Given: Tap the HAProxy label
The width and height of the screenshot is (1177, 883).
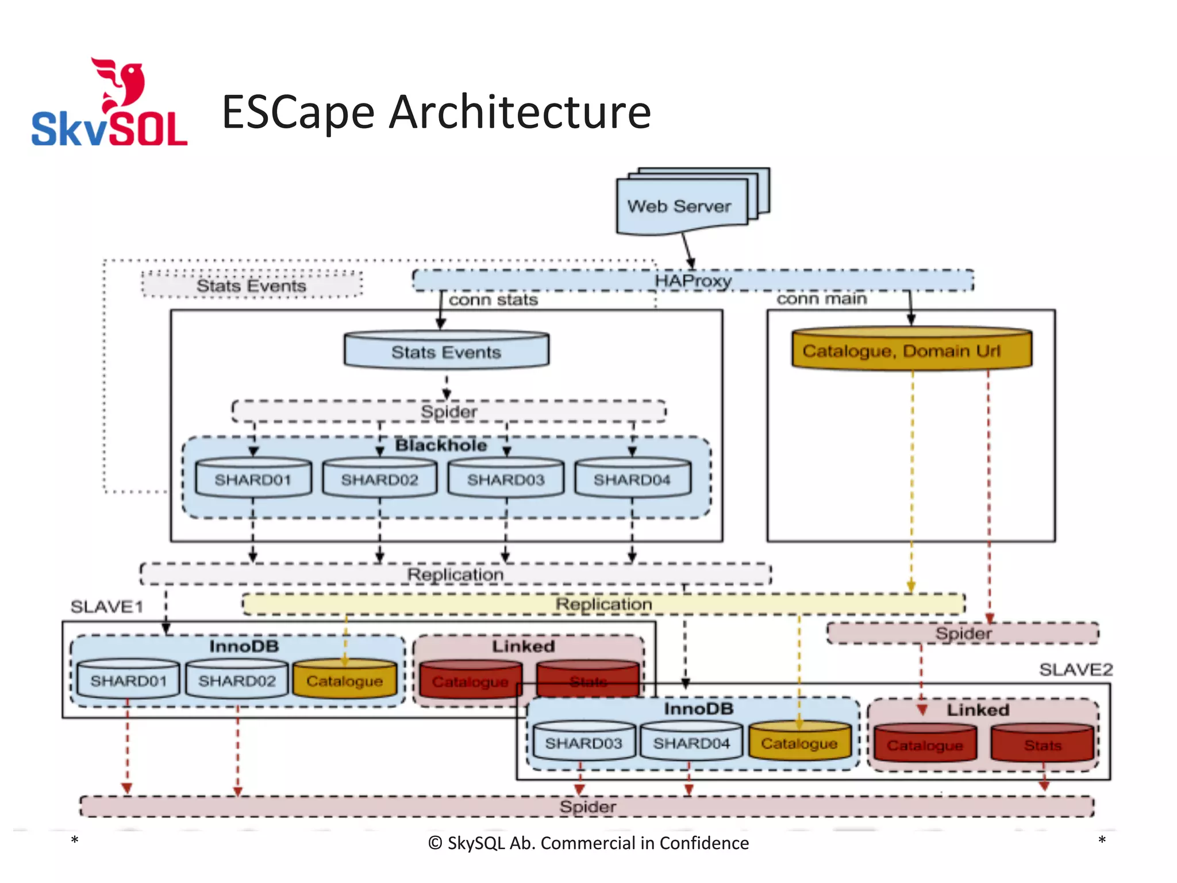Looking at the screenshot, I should tap(693, 281).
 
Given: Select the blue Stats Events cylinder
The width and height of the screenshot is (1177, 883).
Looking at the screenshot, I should tap(447, 351).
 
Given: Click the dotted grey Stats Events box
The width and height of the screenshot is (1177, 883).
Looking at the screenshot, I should tap(252, 285).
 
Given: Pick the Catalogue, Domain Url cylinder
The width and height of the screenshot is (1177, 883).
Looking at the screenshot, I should tap(911, 350).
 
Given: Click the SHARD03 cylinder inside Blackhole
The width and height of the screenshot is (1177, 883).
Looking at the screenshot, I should tap(506, 479).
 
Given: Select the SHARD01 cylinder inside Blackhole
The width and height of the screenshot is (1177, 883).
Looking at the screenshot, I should tap(253, 479).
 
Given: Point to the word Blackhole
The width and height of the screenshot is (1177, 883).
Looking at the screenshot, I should tap(441, 446).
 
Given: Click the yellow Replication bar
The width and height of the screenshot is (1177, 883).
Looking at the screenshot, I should tap(603, 604).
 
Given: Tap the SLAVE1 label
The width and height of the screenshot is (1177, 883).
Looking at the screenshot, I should tap(107, 606).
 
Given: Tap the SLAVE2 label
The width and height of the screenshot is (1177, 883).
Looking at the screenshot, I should tap(1076, 669).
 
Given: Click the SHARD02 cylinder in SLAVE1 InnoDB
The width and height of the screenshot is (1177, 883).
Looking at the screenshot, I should tap(237, 681).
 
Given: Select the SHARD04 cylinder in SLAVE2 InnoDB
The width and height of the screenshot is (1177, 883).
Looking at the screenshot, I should tap(691, 743).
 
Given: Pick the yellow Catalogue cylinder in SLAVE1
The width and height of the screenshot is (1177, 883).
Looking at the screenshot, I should tap(344, 681).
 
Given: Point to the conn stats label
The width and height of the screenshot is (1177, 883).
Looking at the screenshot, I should tap(493, 300).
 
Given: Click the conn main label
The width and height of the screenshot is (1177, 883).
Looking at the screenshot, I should tap(822, 299).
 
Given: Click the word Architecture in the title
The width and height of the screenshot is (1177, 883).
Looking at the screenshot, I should tap(520, 112).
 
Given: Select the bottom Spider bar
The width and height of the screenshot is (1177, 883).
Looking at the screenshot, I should tap(587, 806).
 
